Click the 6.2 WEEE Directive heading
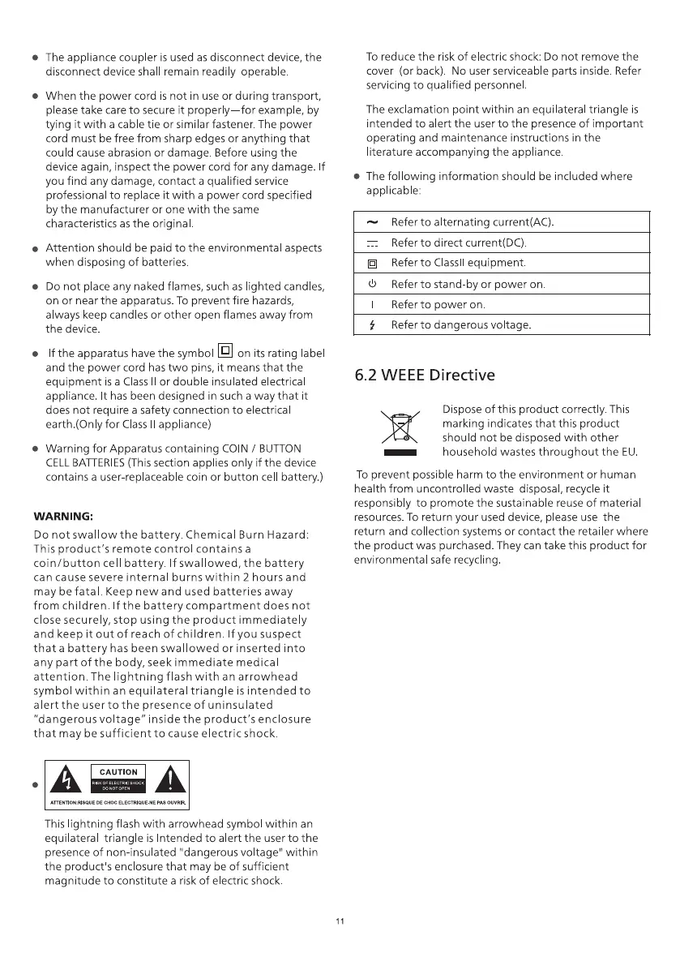point(425,376)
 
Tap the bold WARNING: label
point(63,516)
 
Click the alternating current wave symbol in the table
point(372,222)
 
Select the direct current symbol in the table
point(372,243)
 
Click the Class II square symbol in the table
point(372,264)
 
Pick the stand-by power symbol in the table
point(372,285)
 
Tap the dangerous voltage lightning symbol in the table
point(372,325)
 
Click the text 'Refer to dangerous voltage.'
point(461,325)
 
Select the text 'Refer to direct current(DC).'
point(459,243)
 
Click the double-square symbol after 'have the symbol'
point(226,351)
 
